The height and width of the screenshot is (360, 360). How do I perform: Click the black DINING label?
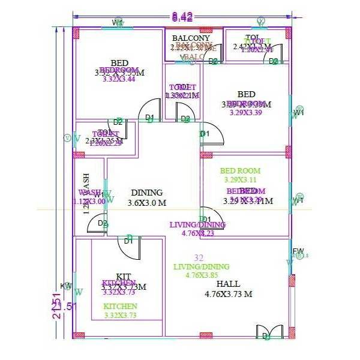(x=146, y=193)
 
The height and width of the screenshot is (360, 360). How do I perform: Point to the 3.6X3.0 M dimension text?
(x=146, y=203)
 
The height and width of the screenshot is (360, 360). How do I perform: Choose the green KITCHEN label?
(x=120, y=306)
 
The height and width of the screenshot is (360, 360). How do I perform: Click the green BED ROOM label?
(x=240, y=171)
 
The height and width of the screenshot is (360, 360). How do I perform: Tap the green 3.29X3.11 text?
(x=240, y=179)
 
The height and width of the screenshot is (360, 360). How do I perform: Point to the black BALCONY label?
(x=191, y=38)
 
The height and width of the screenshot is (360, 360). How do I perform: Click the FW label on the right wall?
(x=298, y=251)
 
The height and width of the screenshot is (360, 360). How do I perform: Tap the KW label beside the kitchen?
(x=66, y=286)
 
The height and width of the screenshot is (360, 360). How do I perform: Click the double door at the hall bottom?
(x=268, y=332)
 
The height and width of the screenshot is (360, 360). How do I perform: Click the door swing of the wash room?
(x=97, y=225)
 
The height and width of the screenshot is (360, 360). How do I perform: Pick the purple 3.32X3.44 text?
(x=119, y=79)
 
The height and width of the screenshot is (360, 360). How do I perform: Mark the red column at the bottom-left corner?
(x=77, y=335)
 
